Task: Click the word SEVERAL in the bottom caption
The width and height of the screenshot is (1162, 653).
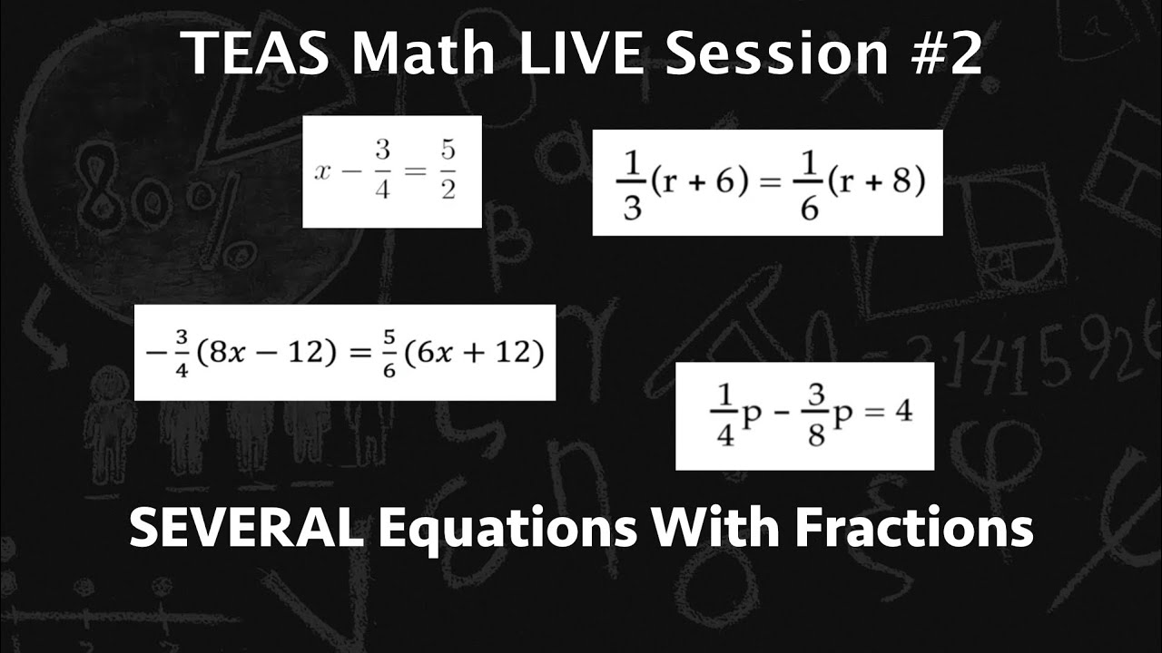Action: (x=245, y=528)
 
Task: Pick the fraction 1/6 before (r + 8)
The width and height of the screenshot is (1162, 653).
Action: (x=812, y=184)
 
